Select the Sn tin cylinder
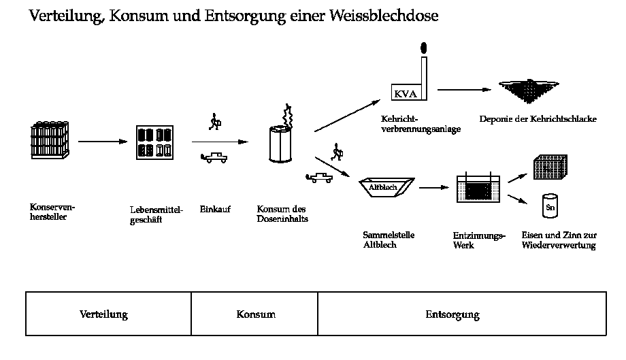pyautogui.click(x=550, y=205)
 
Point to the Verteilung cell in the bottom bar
pyautogui.click(x=103, y=314)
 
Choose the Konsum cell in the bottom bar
pyautogui.click(x=256, y=314)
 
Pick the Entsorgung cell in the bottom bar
pyautogui.click(x=452, y=314)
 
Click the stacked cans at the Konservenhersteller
pyautogui.click(x=51, y=140)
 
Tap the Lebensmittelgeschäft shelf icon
pyautogui.click(x=153, y=142)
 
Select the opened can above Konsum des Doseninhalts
pyautogui.click(x=280, y=143)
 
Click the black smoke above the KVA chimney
pyautogui.click(x=424, y=48)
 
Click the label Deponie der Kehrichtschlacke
pyautogui.click(x=538, y=119)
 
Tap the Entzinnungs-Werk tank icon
pyautogui.click(x=478, y=189)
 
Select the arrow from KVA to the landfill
pyautogui.click(x=464, y=89)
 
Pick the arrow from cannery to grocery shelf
pyautogui.click(x=103, y=142)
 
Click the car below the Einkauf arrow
pyautogui.click(x=214, y=158)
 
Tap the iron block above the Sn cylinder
pyautogui.click(x=550, y=167)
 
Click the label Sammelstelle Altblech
pyautogui.click(x=389, y=240)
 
